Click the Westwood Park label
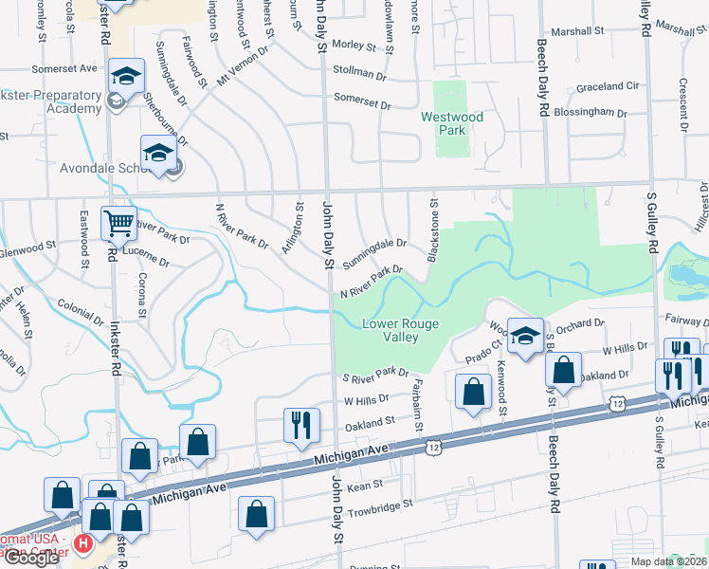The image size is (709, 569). pos(452,123)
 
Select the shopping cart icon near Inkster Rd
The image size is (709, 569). pos(118,225)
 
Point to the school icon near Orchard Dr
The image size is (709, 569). pos(525,335)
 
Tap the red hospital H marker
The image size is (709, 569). pos(82,544)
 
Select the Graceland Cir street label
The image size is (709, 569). pos(608,86)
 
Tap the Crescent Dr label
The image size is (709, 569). pos(682,101)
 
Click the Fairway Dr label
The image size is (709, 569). pos(684,321)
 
